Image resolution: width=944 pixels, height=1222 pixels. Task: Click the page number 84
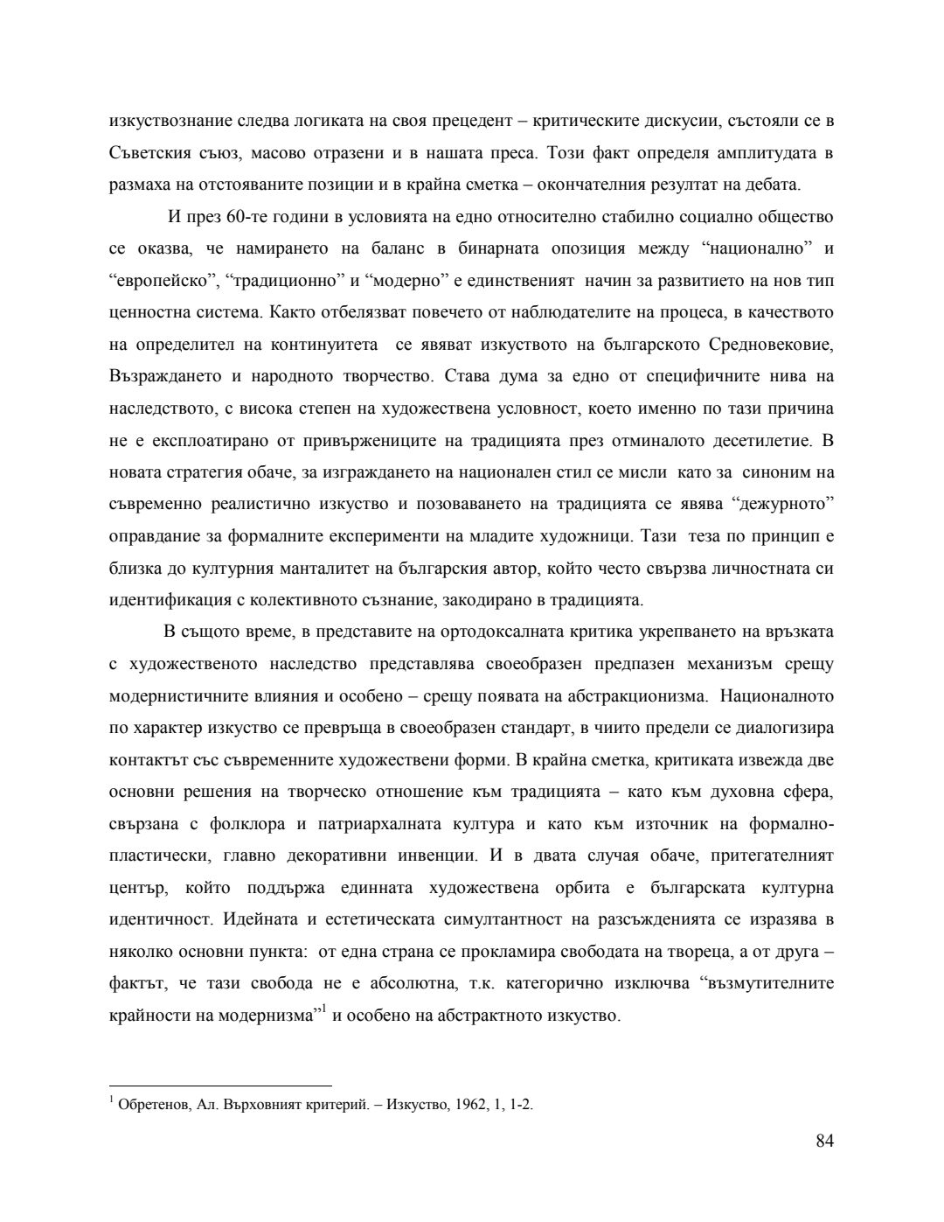[824, 1141]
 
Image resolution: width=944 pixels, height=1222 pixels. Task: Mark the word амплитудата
[760, 153]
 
